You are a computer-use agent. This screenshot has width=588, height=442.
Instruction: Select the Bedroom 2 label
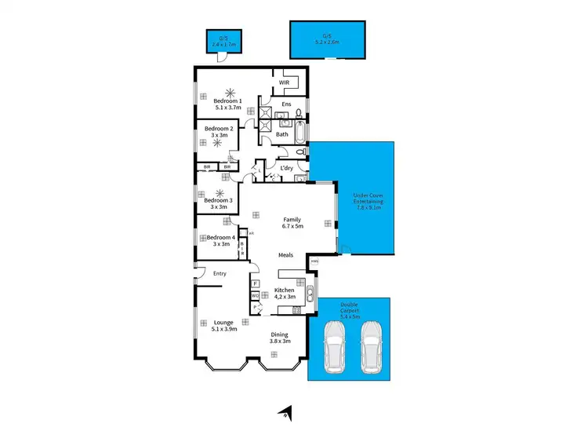tap(217, 128)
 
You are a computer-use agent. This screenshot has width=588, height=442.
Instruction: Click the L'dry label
tap(287, 167)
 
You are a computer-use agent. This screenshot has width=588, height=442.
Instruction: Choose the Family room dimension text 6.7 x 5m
tap(292, 226)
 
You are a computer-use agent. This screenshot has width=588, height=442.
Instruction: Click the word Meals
tap(285, 255)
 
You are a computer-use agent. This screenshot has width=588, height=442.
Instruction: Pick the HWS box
tap(314, 261)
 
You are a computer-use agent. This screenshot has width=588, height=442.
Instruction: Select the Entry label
tap(220, 273)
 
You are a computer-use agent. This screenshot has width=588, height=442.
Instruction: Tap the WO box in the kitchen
tap(256, 295)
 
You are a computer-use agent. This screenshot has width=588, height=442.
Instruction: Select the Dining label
tap(279, 334)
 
